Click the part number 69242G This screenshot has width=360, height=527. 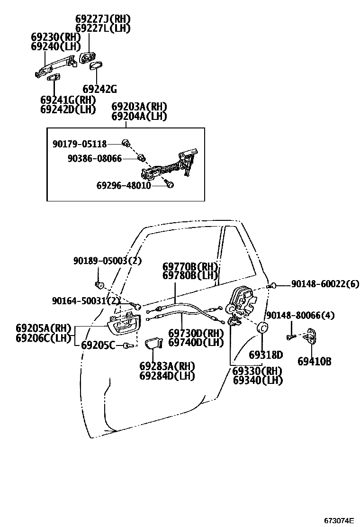[99, 89]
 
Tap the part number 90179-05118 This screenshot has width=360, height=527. [80, 144]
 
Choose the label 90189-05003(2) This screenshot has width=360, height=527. [108, 261]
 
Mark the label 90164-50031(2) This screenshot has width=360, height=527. [86, 301]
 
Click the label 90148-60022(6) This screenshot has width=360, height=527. [325, 284]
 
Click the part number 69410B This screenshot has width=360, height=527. [314, 362]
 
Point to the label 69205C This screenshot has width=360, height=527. [98, 345]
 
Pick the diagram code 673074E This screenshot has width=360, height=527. [339, 520]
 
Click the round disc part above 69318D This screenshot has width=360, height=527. [261, 328]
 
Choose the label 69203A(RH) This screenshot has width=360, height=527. [139, 107]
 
